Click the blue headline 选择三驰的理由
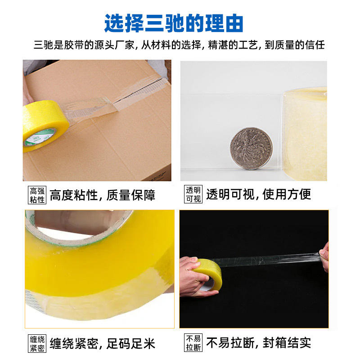click(x=174, y=23)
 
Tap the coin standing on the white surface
click(x=252, y=148)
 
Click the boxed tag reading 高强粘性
click(x=37, y=195)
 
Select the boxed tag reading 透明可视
click(x=193, y=194)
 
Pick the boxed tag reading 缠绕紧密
click(x=37, y=344)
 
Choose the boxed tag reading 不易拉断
click(x=193, y=343)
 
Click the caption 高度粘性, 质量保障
click(x=103, y=195)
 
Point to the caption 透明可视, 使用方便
click(x=258, y=194)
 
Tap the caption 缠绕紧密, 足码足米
click(x=103, y=344)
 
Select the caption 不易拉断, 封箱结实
click(x=258, y=343)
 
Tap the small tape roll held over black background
click(x=208, y=274)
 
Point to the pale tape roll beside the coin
click(x=304, y=134)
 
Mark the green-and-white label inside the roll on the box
click(x=40, y=138)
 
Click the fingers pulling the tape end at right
click(x=324, y=256)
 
